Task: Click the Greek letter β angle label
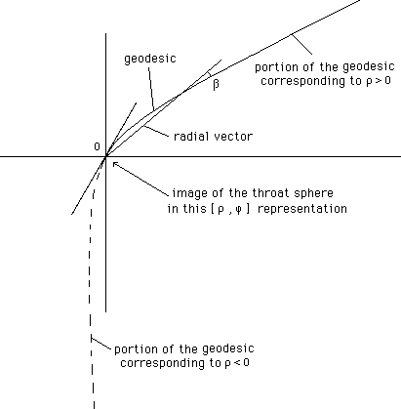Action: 216,84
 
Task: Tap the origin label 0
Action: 97,146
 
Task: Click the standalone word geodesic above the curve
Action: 150,59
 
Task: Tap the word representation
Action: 302,209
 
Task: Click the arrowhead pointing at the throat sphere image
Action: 115,164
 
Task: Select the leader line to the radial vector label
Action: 156,131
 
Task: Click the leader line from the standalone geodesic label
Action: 151,89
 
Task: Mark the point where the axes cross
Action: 105,157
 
